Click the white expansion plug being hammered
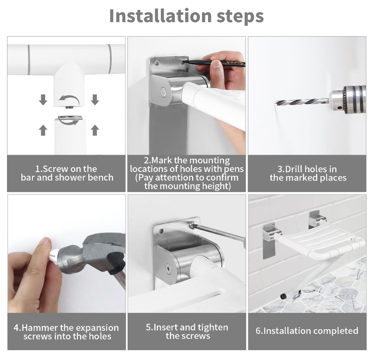(x=54, y=255)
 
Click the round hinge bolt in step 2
(x=163, y=92)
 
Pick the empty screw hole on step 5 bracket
(x=161, y=232)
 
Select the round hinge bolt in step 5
(x=169, y=268)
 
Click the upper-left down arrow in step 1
(x=43, y=99)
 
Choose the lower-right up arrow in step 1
(x=95, y=130)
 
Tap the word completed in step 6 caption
(x=333, y=331)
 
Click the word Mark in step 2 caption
(x=162, y=161)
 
